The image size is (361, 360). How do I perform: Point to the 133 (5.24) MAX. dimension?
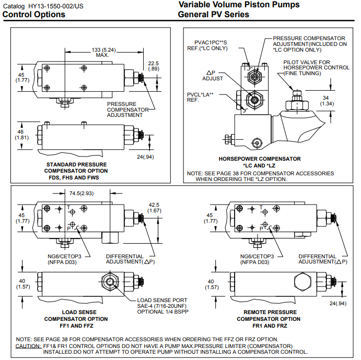[102, 52]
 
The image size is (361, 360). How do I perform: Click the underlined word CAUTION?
[28, 346]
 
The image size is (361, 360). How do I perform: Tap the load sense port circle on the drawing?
[111, 282]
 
